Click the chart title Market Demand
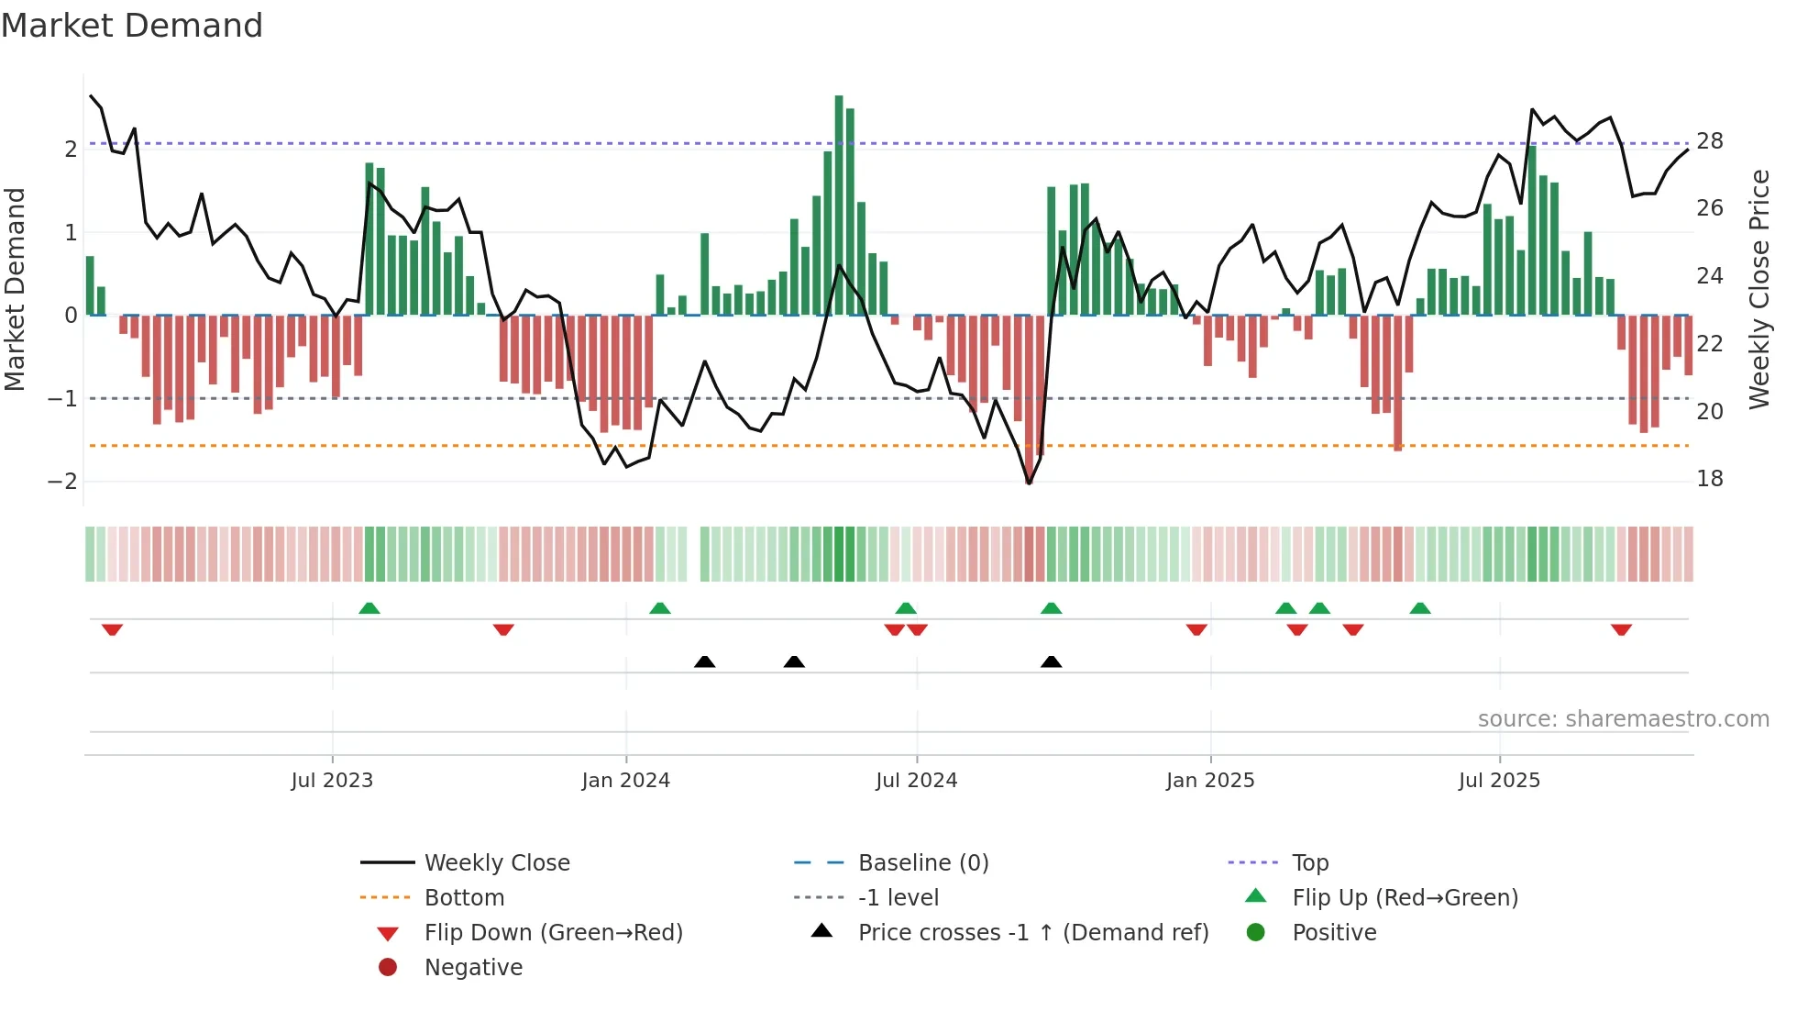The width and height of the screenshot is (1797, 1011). [132, 26]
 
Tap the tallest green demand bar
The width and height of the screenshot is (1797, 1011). [839, 206]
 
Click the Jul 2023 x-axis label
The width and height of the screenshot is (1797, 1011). [332, 781]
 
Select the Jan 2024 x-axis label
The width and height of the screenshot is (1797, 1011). [625, 781]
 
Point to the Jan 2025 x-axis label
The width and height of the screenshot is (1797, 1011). [1210, 781]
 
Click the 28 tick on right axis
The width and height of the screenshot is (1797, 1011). [1710, 141]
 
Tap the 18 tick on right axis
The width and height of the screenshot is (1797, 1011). [1710, 479]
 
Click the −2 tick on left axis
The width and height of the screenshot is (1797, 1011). [62, 482]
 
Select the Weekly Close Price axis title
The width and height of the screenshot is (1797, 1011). [1759, 289]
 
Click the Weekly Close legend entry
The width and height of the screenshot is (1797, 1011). [496, 863]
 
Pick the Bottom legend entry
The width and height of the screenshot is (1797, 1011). [464, 898]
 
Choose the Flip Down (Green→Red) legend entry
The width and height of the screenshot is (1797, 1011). [553, 933]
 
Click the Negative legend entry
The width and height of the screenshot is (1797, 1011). [473, 968]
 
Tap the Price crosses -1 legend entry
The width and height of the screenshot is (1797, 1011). [1032, 933]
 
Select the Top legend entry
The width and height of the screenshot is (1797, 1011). [1310, 863]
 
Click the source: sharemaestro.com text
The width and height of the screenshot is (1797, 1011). [1623, 719]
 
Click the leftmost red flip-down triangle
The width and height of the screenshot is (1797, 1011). [112, 629]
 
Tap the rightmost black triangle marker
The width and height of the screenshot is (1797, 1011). [1052, 661]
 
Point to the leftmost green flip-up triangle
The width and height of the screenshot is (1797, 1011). [369, 608]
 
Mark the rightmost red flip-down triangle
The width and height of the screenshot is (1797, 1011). [1621, 629]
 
